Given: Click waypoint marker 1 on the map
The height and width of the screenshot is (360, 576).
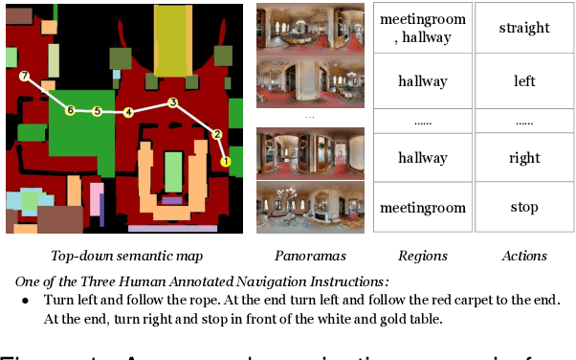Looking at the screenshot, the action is pyautogui.click(x=226, y=162).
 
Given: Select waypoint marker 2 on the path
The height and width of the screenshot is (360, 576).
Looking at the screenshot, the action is pyautogui.click(x=217, y=134).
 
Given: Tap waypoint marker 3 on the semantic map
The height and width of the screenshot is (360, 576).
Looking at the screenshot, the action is pyautogui.click(x=172, y=102).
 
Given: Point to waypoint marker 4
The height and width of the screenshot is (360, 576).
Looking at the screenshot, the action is pyautogui.click(x=128, y=113).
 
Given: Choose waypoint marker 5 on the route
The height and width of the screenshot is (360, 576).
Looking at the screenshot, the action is pyautogui.click(x=97, y=112).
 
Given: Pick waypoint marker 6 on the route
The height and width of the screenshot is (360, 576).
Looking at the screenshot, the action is pyautogui.click(x=69, y=111).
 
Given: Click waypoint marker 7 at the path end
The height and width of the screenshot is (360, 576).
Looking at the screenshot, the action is pyautogui.click(x=25, y=76).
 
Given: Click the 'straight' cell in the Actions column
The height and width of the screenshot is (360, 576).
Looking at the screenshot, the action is pyautogui.click(x=524, y=28).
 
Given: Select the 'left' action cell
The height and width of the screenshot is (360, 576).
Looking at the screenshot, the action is pyautogui.click(x=524, y=81).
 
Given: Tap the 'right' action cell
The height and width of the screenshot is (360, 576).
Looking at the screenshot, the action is pyautogui.click(x=524, y=158).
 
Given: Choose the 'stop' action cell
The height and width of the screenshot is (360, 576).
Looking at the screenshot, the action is pyautogui.click(x=524, y=207).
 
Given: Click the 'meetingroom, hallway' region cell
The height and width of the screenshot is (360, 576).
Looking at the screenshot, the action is pyautogui.click(x=423, y=28).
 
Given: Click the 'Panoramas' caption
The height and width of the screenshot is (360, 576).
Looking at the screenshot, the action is pyautogui.click(x=310, y=256).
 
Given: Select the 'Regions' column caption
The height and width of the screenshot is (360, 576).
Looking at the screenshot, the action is pyautogui.click(x=423, y=256).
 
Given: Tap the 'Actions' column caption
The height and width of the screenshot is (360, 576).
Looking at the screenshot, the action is pyautogui.click(x=524, y=256).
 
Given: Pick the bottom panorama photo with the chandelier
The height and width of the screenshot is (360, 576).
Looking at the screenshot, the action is pyautogui.click(x=310, y=206).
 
